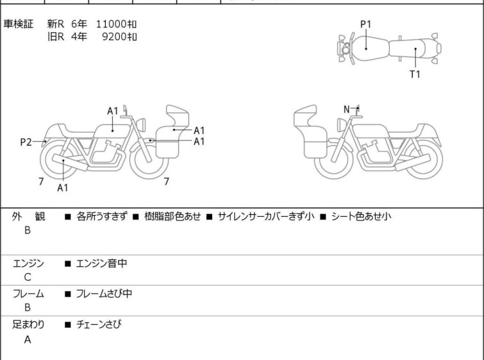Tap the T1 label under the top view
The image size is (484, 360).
[x=415, y=74]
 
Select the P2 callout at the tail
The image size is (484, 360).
[x=26, y=142]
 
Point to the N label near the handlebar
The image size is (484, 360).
[x=347, y=109]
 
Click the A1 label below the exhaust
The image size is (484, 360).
[x=62, y=188]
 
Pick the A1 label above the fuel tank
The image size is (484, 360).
[x=113, y=111]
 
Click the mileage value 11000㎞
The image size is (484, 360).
[x=116, y=24]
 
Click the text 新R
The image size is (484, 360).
[x=56, y=24]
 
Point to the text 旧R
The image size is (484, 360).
[x=56, y=36]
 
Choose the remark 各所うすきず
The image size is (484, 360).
[x=101, y=216]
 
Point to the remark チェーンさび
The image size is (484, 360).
[x=98, y=325]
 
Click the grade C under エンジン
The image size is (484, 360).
[x=28, y=277]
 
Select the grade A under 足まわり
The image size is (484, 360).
[x=28, y=340]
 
